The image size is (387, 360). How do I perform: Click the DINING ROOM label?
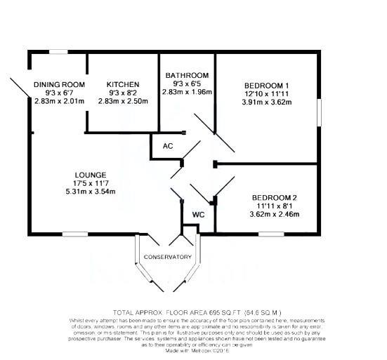point(59,84)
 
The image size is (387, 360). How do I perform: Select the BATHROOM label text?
point(186,75)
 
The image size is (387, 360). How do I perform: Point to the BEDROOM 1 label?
point(266,85)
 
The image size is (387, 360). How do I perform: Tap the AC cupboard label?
point(168,146)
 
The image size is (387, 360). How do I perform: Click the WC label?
point(198,213)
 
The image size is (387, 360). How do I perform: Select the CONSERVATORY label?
point(167,257)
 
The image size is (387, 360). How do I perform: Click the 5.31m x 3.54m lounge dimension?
point(90,192)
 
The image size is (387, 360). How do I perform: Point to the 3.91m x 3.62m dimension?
point(266,102)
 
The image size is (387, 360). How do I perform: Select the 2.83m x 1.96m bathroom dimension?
point(186,92)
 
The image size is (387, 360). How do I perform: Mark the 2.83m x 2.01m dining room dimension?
point(59,101)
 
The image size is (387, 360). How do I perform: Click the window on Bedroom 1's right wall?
point(320,111)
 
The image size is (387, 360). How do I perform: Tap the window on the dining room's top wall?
point(58,51)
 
